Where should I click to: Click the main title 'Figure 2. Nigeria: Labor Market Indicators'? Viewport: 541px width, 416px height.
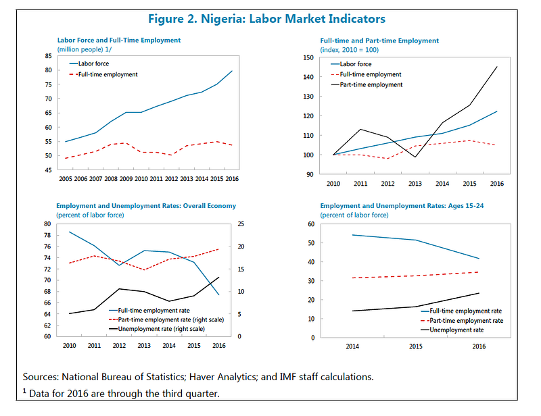pyautogui.click(x=266, y=19)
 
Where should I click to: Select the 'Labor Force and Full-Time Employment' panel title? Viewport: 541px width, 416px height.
pyautogui.click(x=119, y=40)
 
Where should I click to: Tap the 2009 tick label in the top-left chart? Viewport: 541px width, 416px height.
pyautogui.click(x=126, y=178)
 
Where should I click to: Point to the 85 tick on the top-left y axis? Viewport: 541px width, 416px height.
pyautogui.click(x=48, y=56)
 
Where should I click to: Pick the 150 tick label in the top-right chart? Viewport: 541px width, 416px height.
pyautogui.click(x=308, y=57)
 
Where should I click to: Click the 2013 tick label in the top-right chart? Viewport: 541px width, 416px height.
pyautogui.click(x=415, y=184)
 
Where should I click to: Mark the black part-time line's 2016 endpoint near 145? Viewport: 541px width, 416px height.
pyautogui.click(x=497, y=67)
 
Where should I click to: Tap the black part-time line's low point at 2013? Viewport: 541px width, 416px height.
pyautogui.click(x=415, y=157)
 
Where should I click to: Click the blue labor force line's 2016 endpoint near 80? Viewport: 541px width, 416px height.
pyautogui.click(x=232, y=71)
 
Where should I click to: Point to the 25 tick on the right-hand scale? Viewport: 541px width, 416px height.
pyautogui.click(x=241, y=224)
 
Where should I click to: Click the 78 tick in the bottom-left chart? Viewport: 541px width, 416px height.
pyautogui.click(x=47, y=236)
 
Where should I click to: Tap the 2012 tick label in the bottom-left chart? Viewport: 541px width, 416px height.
pyautogui.click(x=119, y=345)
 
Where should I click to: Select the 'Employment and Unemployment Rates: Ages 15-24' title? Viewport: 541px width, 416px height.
pyautogui.click(x=402, y=206)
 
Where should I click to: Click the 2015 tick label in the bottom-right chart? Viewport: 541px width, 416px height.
pyautogui.click(x=415, y=346)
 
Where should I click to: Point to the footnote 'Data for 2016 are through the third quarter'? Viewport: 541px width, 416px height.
pyautogui.click(x=124, y=394)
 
